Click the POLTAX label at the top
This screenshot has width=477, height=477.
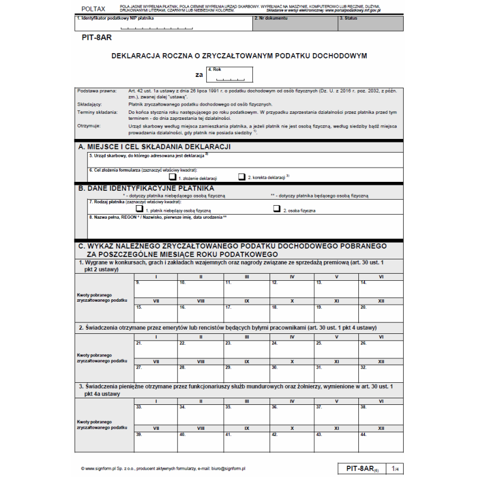click(x=93, y=8)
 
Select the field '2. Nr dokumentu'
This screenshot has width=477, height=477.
click(x=295, y=24)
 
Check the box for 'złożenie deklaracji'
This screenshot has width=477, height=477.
click(x=172, y=177)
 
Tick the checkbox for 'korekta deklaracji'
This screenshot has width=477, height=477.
click(x=241, y=177)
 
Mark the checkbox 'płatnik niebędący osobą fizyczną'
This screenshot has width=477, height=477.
click(x=140, y=209)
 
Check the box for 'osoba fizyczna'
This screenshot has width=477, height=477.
click(x=277, y=209)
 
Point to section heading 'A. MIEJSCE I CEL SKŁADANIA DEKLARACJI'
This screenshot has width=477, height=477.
click(x=154, y=147)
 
